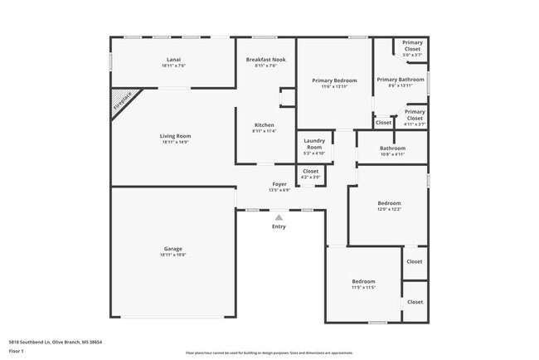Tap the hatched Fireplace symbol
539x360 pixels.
click(122, 101)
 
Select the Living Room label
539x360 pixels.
click(175, 136)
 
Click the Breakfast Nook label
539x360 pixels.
click(265, 60)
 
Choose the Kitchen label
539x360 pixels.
click(264, 125)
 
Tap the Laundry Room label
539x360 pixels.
click(314, 143)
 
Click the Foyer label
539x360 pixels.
click(279, 184)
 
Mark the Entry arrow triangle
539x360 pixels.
click(279, 217)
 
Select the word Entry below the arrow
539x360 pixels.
click(279, 226)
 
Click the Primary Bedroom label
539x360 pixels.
click(334, 80)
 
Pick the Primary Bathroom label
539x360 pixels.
click(400, 80)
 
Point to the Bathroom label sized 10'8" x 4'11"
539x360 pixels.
click(392, 149)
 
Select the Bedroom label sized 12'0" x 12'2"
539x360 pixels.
click(389, 203)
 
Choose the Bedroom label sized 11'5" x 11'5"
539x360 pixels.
click(363, 281)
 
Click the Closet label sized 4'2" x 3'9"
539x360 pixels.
click(309, 172)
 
